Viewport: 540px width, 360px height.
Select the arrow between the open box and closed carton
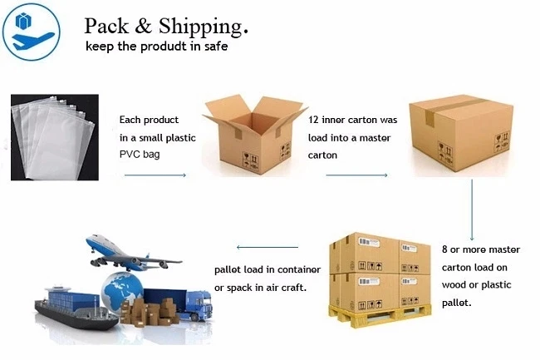point(356,175)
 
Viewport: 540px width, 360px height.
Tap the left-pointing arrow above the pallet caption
point(267,247)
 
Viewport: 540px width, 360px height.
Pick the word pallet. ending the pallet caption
point(458,303)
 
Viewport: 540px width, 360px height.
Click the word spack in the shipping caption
point(240,288)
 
